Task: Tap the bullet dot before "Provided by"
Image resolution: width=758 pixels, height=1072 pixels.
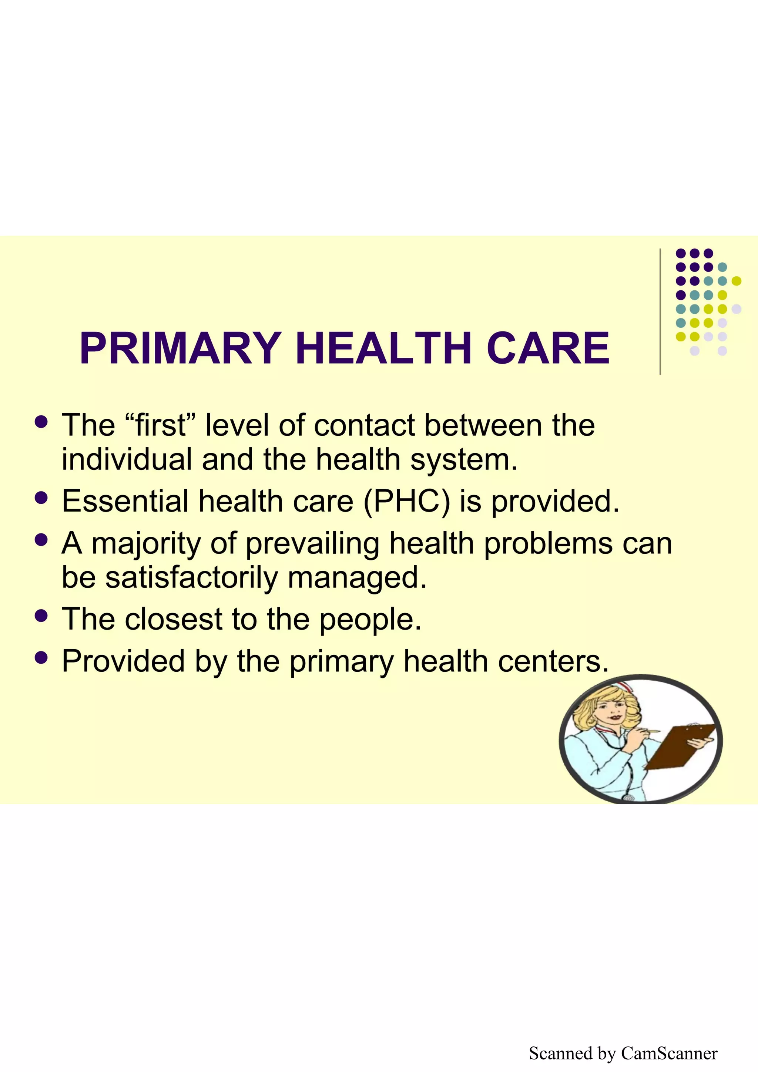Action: (x=41, y=657)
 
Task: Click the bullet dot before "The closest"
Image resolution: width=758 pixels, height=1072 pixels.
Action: (x=41, y=616)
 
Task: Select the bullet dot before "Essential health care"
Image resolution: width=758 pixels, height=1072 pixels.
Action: (x=41, y=497)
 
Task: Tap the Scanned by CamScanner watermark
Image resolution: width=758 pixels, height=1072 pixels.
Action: (x=623, y=1054)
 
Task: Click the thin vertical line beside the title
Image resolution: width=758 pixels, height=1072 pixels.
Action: (x=660, y=311)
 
